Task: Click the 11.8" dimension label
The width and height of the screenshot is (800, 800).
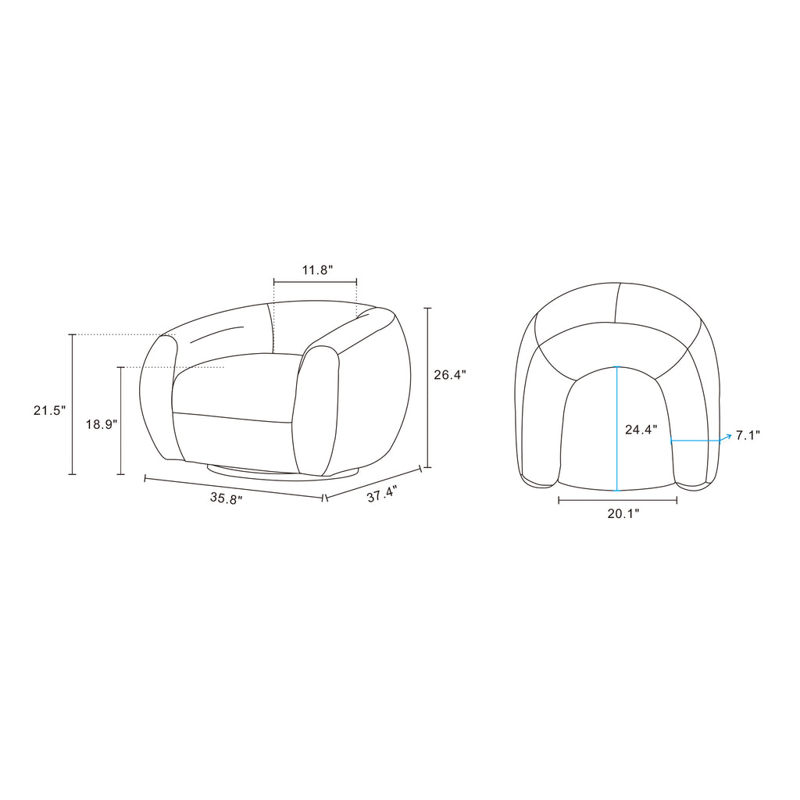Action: tap(317, 270)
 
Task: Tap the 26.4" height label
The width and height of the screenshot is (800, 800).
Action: tap(450, 375)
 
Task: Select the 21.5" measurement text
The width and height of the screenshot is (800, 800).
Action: tap(49, 410)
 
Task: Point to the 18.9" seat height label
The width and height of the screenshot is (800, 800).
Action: tap(102, 424)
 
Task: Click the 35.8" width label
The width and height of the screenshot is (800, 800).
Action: tap(226, 498)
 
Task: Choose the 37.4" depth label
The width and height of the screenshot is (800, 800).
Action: tap(381, 494)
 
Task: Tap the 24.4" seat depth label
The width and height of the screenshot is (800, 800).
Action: tap(641, 430)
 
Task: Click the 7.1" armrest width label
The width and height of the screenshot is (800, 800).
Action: tap(748, 435)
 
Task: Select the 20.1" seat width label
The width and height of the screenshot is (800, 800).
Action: tap(623, 514)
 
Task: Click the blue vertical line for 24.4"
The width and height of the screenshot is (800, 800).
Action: tap(617, 429)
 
